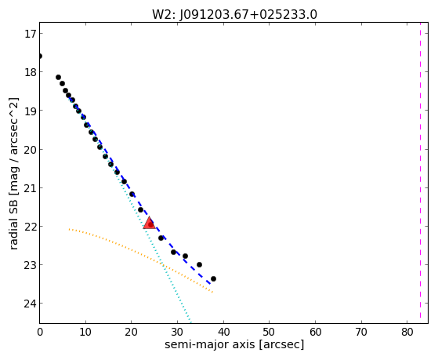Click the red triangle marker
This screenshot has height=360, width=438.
point(149,223)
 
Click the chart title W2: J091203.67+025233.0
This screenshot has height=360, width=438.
point(234,15)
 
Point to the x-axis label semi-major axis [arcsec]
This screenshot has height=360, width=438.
point(234,344)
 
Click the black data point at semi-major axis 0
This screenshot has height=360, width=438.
point(40,56)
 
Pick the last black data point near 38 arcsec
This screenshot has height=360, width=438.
point(213,278)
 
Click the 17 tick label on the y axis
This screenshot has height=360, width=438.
point(30,34)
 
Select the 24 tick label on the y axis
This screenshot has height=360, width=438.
point(30,304)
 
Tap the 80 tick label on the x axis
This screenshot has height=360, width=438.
point(407,332)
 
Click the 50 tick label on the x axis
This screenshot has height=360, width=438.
point(270,332)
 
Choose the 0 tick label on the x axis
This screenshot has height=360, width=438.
point(40,332)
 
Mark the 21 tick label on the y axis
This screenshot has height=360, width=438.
point(30,187)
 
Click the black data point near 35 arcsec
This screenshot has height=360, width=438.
point(199,264)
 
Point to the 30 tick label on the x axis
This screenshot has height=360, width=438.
point(177,332)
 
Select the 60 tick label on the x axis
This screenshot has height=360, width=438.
point(315,332)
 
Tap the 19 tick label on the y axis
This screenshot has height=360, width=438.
point(30,111)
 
